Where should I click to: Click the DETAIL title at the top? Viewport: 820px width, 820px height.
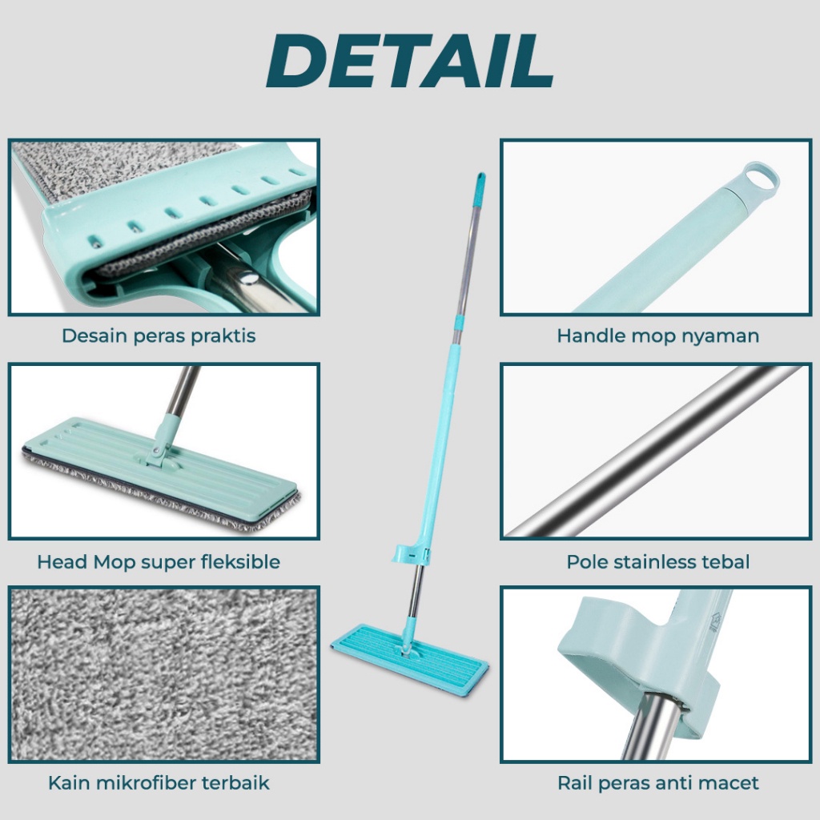[409, 61]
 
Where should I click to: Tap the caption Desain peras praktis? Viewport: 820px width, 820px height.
[159, 336]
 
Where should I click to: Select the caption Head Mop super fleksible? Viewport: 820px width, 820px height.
[159, 562]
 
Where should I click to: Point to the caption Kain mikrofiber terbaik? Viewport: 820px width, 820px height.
[159, 783]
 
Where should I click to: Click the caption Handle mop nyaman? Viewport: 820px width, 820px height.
[658, 336]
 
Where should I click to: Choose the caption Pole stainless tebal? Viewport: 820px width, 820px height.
[658, 562]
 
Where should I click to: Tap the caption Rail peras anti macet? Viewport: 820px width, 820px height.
[658, 783]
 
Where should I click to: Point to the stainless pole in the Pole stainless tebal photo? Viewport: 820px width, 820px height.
[653, 452]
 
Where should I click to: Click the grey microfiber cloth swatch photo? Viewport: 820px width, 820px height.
[164, 674]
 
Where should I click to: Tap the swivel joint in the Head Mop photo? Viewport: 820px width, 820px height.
[159, 448]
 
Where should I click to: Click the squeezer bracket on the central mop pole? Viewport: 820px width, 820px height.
[412, 554]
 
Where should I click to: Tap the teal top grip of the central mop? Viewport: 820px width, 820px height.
[480, 189]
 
